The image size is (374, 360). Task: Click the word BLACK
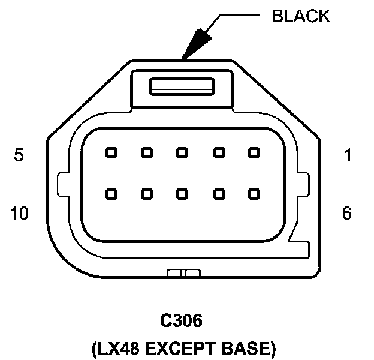coord(301,16)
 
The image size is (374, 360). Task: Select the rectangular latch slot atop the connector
coord(182,86)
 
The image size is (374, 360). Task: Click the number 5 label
coord(19,156)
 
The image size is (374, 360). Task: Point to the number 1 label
coord(347,156)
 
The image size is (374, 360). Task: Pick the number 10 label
coord(19,214)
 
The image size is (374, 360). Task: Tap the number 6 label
coord(346,214)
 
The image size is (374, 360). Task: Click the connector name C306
coord(181,322)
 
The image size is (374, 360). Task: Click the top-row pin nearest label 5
coord(110,152)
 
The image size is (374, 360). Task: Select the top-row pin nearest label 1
coord(254,152)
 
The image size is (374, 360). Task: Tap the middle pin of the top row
coord(182,152)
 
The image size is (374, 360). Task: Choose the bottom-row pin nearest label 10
coord(110,194)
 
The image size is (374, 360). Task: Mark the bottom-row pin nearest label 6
coord(254,194)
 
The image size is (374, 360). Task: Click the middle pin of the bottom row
coord(182,194)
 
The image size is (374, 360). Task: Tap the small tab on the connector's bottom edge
coord(183,274)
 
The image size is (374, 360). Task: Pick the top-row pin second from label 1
coord(218,152)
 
